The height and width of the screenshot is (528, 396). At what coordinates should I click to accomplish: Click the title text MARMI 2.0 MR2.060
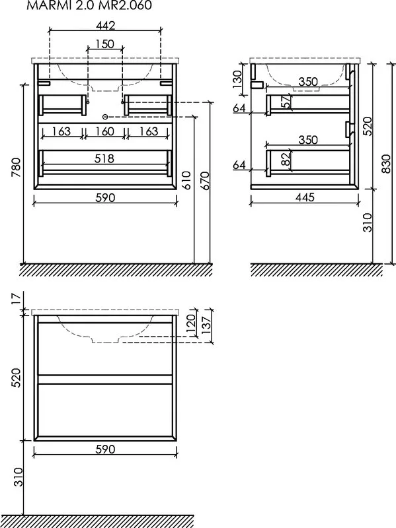89,5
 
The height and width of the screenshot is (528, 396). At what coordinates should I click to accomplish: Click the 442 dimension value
105,26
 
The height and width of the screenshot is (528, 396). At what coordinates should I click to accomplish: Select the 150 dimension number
104,44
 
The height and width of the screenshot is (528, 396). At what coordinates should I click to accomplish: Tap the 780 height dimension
16,168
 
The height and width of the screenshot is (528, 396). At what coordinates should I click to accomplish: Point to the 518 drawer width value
104,158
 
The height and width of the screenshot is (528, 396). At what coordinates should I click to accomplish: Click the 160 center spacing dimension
104,131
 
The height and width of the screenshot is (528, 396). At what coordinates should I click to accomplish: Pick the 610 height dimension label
186,180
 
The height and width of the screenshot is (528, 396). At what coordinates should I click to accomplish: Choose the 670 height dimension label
205,180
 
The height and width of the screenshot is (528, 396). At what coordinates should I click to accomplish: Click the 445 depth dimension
305,197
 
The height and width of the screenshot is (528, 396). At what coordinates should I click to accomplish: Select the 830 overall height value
386,163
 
